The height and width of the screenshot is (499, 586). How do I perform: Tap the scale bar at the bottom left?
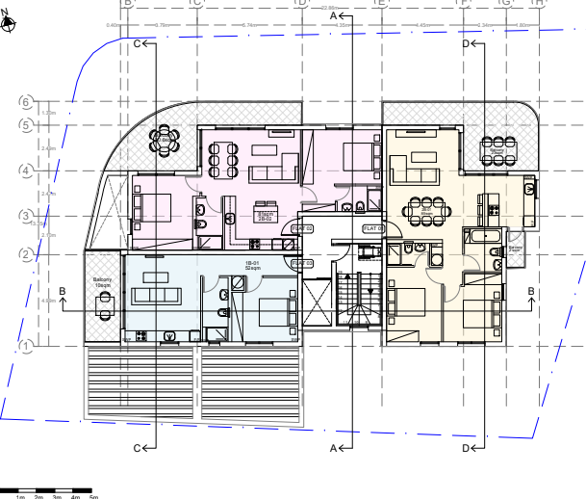point(48,491)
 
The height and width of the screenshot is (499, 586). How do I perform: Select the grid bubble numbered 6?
point(27,101)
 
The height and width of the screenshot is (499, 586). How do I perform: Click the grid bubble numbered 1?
point(27,345)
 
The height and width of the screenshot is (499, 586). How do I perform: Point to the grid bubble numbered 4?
point(27,171)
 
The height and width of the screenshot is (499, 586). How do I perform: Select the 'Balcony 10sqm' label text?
point(103,283)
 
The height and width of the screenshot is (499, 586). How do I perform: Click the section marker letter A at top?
point(334,16)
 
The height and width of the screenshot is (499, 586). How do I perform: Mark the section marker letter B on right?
point(530,291)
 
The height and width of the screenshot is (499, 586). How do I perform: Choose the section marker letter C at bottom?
point(138,448)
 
